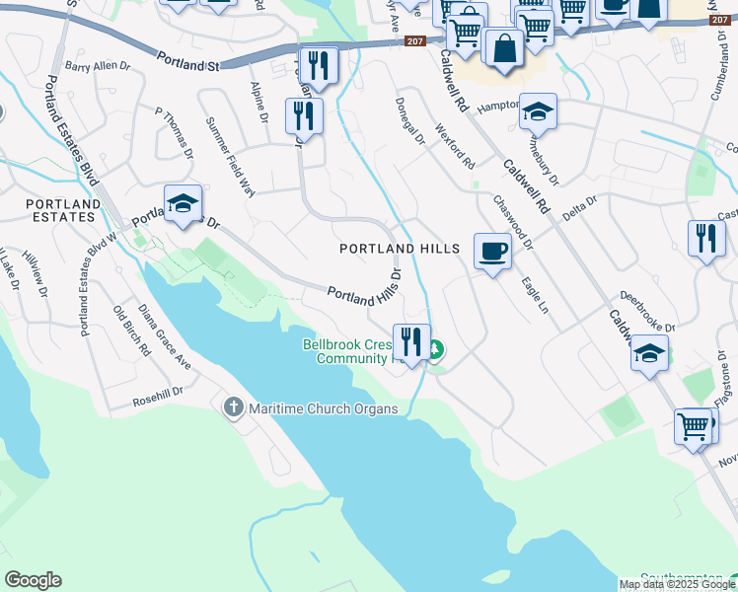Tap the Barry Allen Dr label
98,66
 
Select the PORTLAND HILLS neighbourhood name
400,250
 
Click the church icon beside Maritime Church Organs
234,407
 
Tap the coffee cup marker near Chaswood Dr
492,250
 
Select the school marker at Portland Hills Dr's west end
183,203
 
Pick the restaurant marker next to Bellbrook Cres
411,342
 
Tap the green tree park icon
434,349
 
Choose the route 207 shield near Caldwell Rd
415,40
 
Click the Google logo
33,579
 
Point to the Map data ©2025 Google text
677,584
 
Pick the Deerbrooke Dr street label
647,312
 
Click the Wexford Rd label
455,145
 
